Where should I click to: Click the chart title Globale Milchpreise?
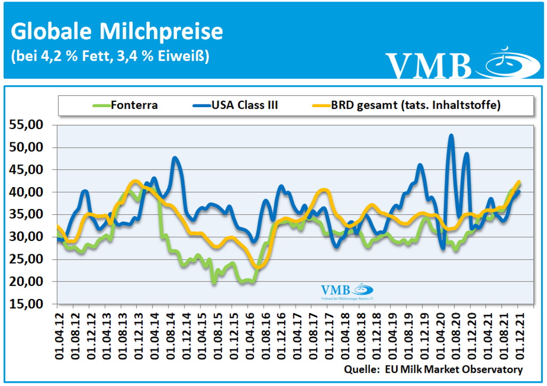click(x=117, y=31)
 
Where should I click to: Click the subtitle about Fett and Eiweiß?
click(x=109, y=56)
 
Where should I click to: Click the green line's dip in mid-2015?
click(x=214, y=283)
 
